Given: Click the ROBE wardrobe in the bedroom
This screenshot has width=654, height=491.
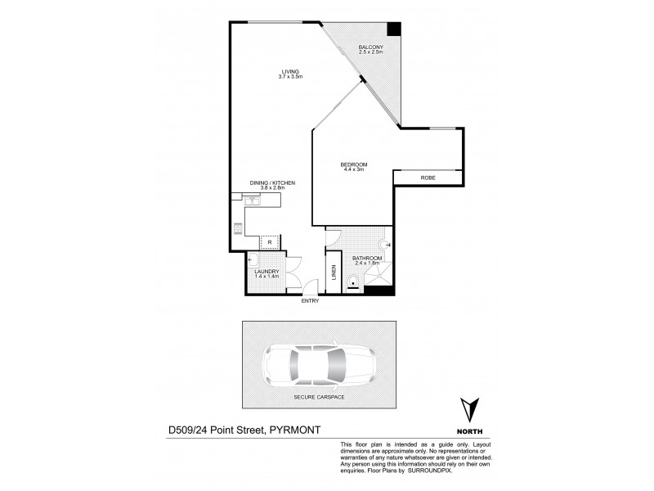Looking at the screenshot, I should point(428,178).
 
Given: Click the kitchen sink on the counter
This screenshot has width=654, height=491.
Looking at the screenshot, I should point(249,196).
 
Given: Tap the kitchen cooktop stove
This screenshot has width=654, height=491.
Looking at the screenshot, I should point(238,228).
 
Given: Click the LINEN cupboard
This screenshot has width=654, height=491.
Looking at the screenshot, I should point(334,273).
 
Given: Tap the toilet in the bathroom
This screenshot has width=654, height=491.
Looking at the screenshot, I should point(352,282).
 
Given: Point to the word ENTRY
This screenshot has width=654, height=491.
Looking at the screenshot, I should point(309,301).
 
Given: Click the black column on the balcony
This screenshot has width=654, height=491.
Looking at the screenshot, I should point(394,29).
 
